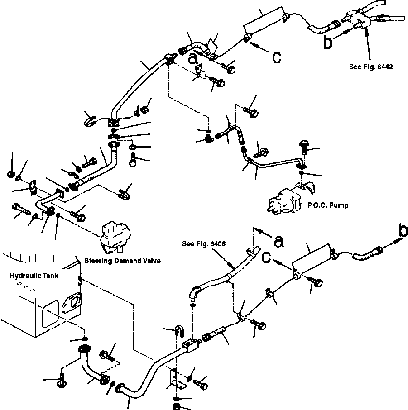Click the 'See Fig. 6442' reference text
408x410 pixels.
(371, 67)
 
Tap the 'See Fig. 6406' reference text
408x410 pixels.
(204, 244)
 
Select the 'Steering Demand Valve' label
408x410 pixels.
(122, 261)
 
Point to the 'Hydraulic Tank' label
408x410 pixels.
(34, 276)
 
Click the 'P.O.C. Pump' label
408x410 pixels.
(328, 205)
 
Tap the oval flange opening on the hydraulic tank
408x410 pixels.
(72, 303)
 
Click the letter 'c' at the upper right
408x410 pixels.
(277, 57)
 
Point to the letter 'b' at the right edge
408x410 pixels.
(403, 231)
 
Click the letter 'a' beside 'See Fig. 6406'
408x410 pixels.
(279, 241)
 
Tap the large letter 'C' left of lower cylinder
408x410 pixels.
(266, 257)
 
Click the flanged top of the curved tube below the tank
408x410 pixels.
(84, 348)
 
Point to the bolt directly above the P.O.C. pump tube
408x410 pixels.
(304, 147)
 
